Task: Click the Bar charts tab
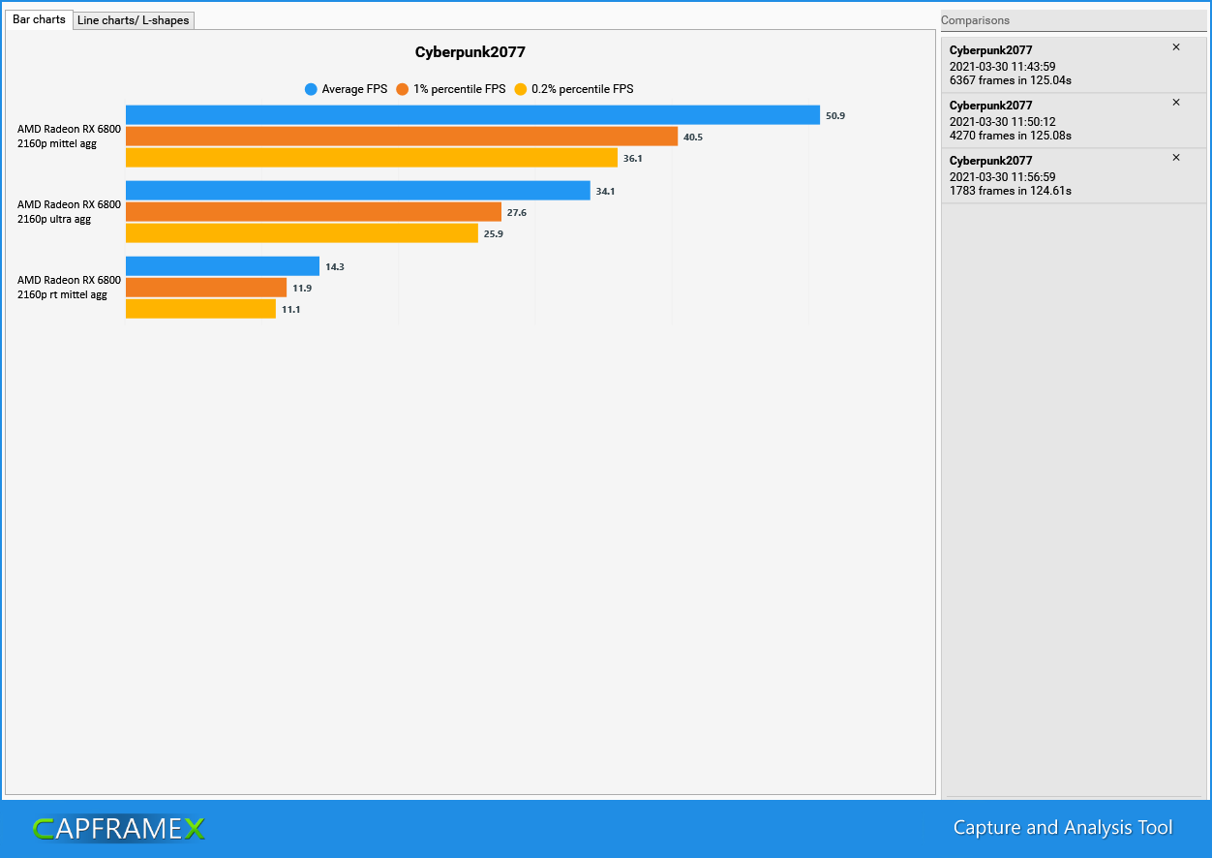pos(39,19)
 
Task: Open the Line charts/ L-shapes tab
pos(134,20)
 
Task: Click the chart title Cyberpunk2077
pos(470,52)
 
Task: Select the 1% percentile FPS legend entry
pos(451,89)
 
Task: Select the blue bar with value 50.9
pos(472,115)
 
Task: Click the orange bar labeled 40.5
pos(402,137)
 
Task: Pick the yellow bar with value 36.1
pos(372,158)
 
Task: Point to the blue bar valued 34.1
pos(358,191)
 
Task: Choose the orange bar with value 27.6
pos(314,212)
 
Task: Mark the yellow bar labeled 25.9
pos(302,233)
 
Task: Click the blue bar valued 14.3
pos(223,266)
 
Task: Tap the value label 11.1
pos(290,309)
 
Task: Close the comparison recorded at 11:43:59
pos(1176,47)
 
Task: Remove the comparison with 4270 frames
pos(1176,103)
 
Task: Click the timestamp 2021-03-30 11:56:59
pos(1002,177)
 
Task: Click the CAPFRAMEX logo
pos(118,829)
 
